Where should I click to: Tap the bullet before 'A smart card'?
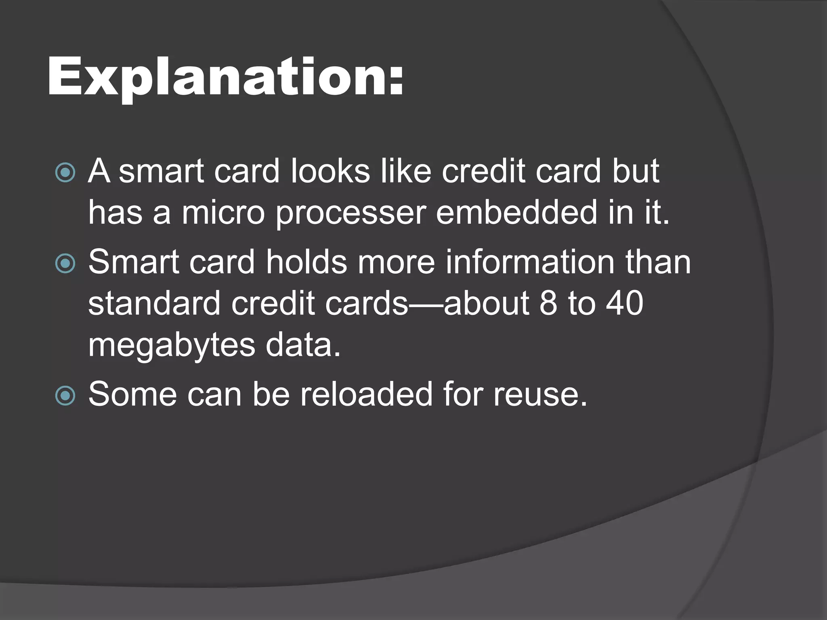pyautogui.click(x=65, y=172)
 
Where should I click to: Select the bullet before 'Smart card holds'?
pyautogui.click(x=65, y=264)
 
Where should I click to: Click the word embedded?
pyautogui.click(x=516, y=212)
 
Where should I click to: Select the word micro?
pyautogui.click(x=223, y=212)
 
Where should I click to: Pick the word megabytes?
pyautogui.click(x=172, y=346)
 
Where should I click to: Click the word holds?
pyautogui.click(x=306, y=262)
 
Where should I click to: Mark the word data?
pyautogui.click(x=303, y=346)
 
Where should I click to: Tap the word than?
pyautogui.click(x=658, y=262)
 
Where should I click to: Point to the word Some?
pyautogui.click(x=132, y=394)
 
